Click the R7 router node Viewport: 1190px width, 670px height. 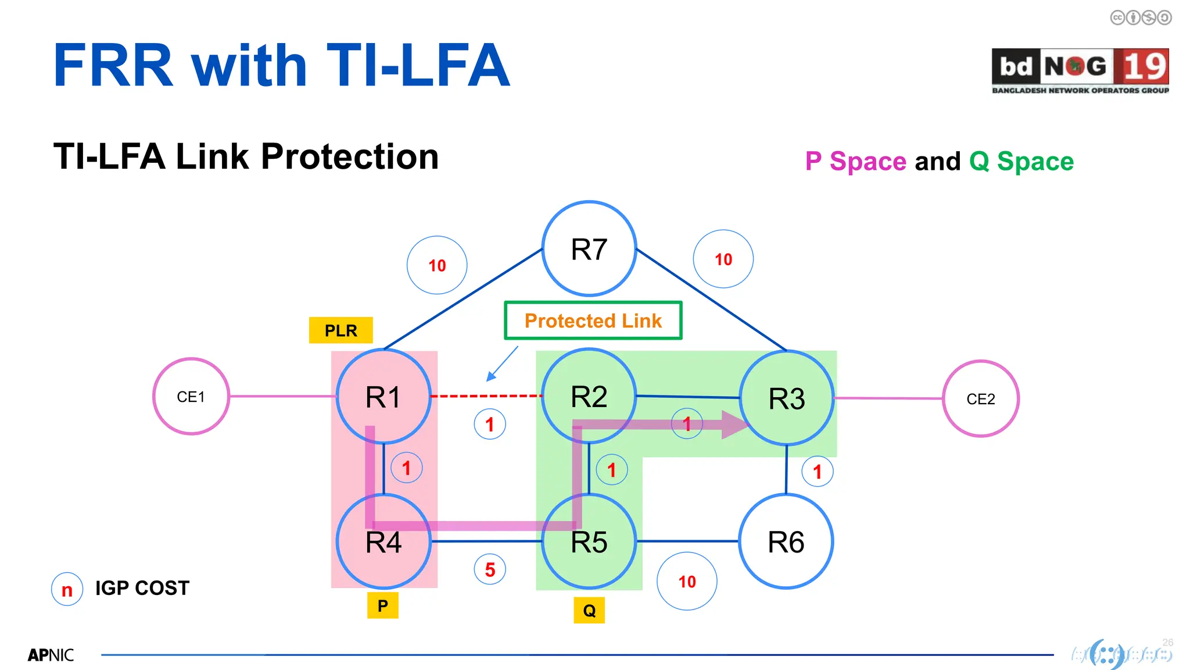[x=589, y=249]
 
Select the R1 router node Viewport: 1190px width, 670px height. [x=383, y=397]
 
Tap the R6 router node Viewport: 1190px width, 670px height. [x=786, y=541]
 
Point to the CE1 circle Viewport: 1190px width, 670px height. [x=191, y=397]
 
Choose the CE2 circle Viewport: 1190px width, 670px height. [x=980, y=399]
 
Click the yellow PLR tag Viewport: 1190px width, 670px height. [x=340, y=330]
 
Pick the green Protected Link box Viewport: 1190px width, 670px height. [x=593, y=320]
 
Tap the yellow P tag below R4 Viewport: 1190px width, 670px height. [x=382, y=605]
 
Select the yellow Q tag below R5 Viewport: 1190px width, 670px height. [x=589, y=610]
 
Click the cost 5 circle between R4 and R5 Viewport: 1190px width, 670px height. [x=490, y=569]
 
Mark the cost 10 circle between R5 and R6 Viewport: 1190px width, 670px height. [x=687, y=581]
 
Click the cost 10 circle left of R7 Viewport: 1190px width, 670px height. [x=437, y=265]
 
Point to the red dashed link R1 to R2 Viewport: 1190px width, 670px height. [x=487, y=396]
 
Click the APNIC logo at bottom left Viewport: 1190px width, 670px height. [x=51, y=655]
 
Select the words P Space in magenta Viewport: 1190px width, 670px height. [x=855, y=162]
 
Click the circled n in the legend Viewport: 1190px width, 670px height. [x=67, y=589]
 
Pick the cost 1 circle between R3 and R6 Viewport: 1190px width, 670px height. [x=817, y=472]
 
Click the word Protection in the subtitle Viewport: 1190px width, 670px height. [x=349, y=157]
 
